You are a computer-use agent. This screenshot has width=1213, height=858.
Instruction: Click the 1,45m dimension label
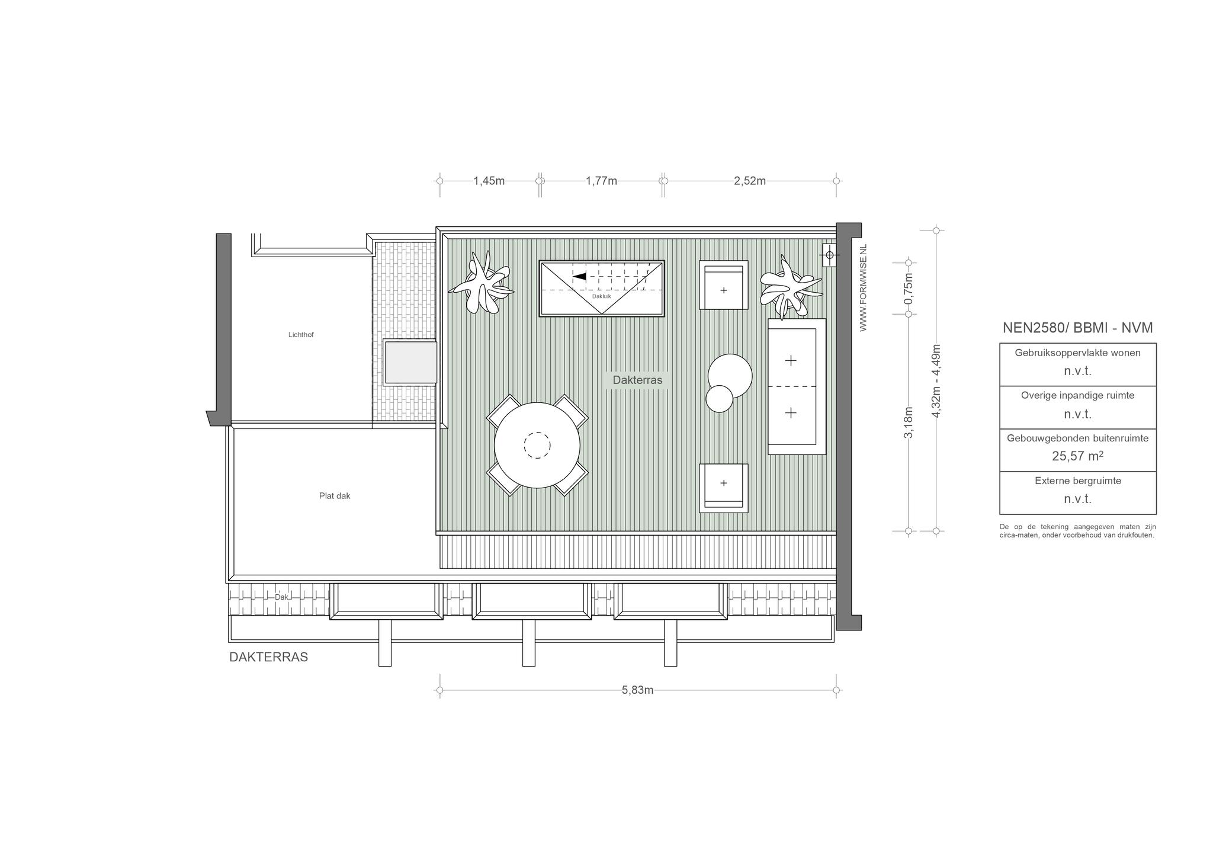tap(489, 181)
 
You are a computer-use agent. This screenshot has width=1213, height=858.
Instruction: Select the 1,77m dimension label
tap(601, 181)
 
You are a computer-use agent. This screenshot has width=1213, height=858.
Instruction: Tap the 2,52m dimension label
tap(749, 181)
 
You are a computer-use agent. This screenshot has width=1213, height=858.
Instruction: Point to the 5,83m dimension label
tap(637, 690)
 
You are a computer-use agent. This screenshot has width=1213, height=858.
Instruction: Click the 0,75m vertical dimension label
tap(908, 288)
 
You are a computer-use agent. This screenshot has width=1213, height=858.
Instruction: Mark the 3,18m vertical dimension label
tap(908, 422)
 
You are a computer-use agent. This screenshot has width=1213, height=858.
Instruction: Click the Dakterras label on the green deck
tap(637, 380)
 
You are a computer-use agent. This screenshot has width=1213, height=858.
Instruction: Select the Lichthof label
tap(301, 335)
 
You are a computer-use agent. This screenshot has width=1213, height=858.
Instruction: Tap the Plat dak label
tap(335, 496)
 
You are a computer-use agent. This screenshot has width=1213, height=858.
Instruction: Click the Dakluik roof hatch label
tap(601, 296)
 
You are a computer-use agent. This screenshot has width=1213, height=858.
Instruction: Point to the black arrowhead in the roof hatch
tap(579, 276)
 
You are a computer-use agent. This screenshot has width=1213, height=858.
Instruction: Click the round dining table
tap(537, 445)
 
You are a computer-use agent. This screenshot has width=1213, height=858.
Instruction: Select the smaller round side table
tap(720, 398)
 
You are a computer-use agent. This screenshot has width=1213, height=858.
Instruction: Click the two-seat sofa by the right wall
tap(797, 386)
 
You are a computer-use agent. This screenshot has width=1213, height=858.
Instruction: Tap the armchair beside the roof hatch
tap(723, 285)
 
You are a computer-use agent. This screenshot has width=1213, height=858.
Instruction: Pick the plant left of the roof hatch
tap(481, 282)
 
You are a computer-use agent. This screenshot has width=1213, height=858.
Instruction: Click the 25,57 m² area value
tap(1077, 456)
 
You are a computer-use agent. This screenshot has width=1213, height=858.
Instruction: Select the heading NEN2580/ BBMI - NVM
tap(1077, 328)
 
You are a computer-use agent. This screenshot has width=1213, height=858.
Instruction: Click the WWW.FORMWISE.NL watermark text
tap(863, 287)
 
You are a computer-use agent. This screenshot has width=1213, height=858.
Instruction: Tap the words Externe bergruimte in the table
tap(1078, 481)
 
